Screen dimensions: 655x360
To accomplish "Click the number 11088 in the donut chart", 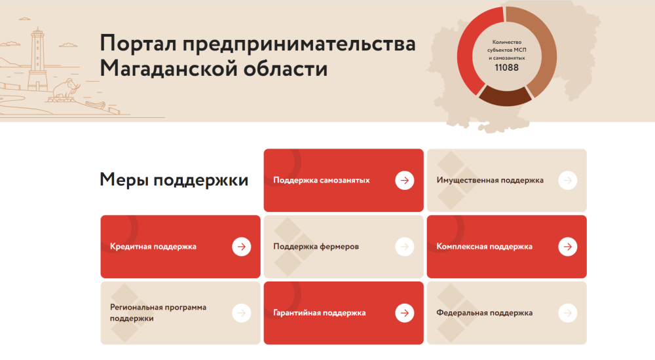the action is coord(506,67).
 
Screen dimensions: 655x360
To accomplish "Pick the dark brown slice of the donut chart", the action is coord(506,97).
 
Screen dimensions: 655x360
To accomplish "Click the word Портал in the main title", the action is coord(138,44).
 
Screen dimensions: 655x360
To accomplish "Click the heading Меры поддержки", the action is coord(174,180).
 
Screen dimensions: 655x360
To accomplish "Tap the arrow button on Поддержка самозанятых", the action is coord(404,181).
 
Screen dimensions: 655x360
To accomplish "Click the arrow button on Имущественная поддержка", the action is coord(568,181).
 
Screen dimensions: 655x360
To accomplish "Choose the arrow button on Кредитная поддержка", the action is coord(242,247).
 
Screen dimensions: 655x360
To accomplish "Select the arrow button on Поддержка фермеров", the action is coord(404,247).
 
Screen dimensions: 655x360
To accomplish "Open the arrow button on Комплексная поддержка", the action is coord(568,247).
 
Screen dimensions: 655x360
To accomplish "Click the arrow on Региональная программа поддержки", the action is coord(242,313).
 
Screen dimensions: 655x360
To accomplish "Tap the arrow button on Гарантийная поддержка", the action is coord(404,313).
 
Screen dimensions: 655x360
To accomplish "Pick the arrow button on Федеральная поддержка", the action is coord(568,313).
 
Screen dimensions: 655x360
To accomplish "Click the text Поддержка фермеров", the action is coord(316,247).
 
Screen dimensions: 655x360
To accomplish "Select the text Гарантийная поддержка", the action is coord(319,313).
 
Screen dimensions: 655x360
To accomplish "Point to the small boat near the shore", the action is coord(95,105).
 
